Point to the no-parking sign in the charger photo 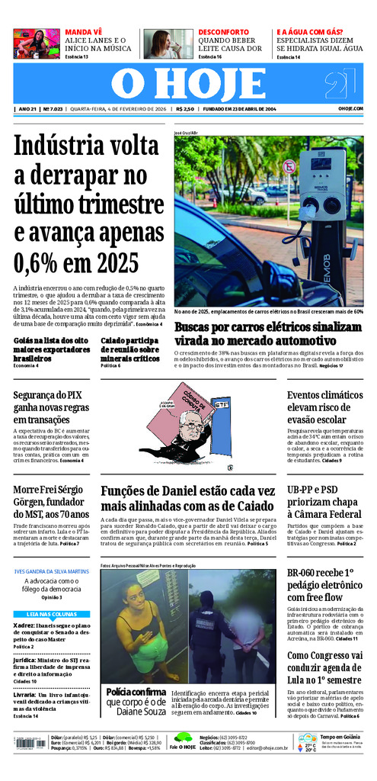click(289, 166)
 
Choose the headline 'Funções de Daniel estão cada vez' click(187, 499)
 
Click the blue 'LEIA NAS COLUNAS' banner click(51, 614)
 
